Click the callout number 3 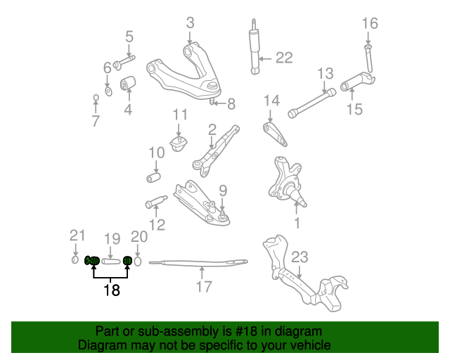click(x=190, y=23)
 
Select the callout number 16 click(x=370, y=23)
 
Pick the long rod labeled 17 click(x=200, y=263)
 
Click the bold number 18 click(x=111, y=289)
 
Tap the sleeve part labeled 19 click(x=109, y=261)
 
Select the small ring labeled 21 click(x=76, y=261)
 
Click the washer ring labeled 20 click(x=139, y=261)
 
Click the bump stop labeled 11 click(x=179, y=143)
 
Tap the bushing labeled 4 click(x=128, y=85)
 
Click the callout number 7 click(x=96, y=121)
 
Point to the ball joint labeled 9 click(x=222, y=216)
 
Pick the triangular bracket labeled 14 click(x=271, y=132)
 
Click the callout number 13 click(x=324, y=74)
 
